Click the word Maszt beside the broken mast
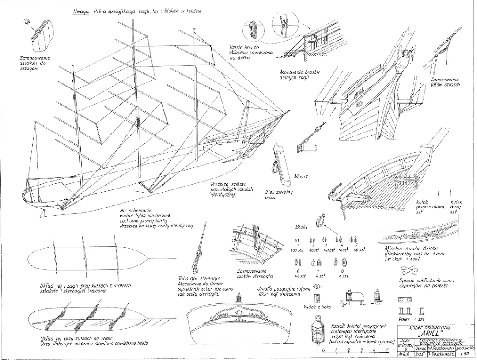point(300,177)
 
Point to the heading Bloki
point(301,227)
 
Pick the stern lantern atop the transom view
point(239,296)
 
